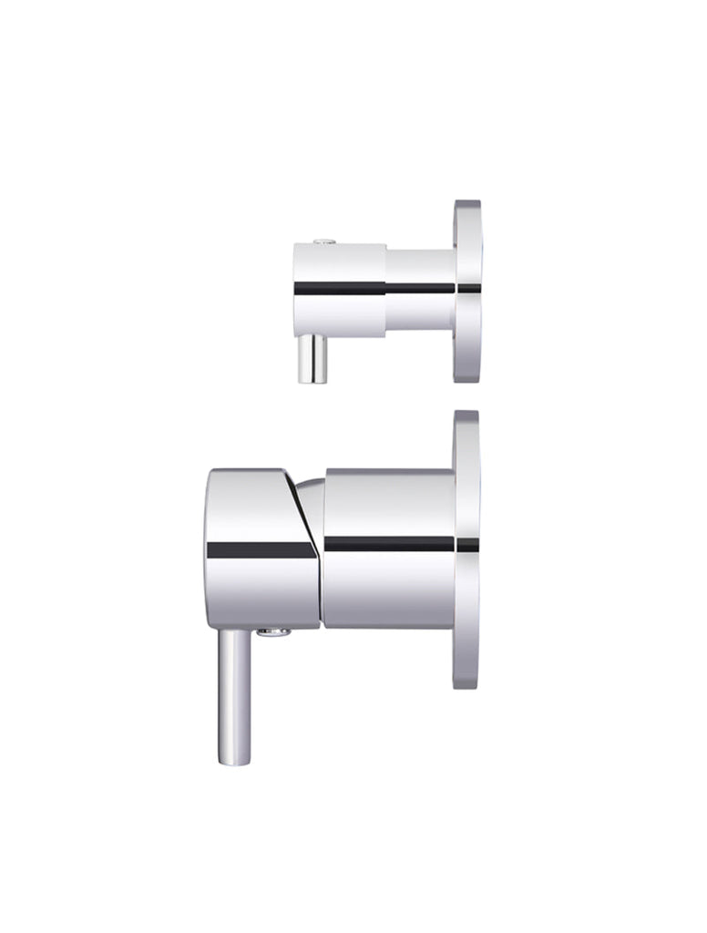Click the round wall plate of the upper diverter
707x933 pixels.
467,290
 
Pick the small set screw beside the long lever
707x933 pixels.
272,631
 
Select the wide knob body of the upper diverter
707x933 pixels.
338,290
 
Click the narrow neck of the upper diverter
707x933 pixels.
419,290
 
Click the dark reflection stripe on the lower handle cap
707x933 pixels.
260,549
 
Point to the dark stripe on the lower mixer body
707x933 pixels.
389,544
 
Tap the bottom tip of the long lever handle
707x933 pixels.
233,760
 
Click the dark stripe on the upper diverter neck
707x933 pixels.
419,288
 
